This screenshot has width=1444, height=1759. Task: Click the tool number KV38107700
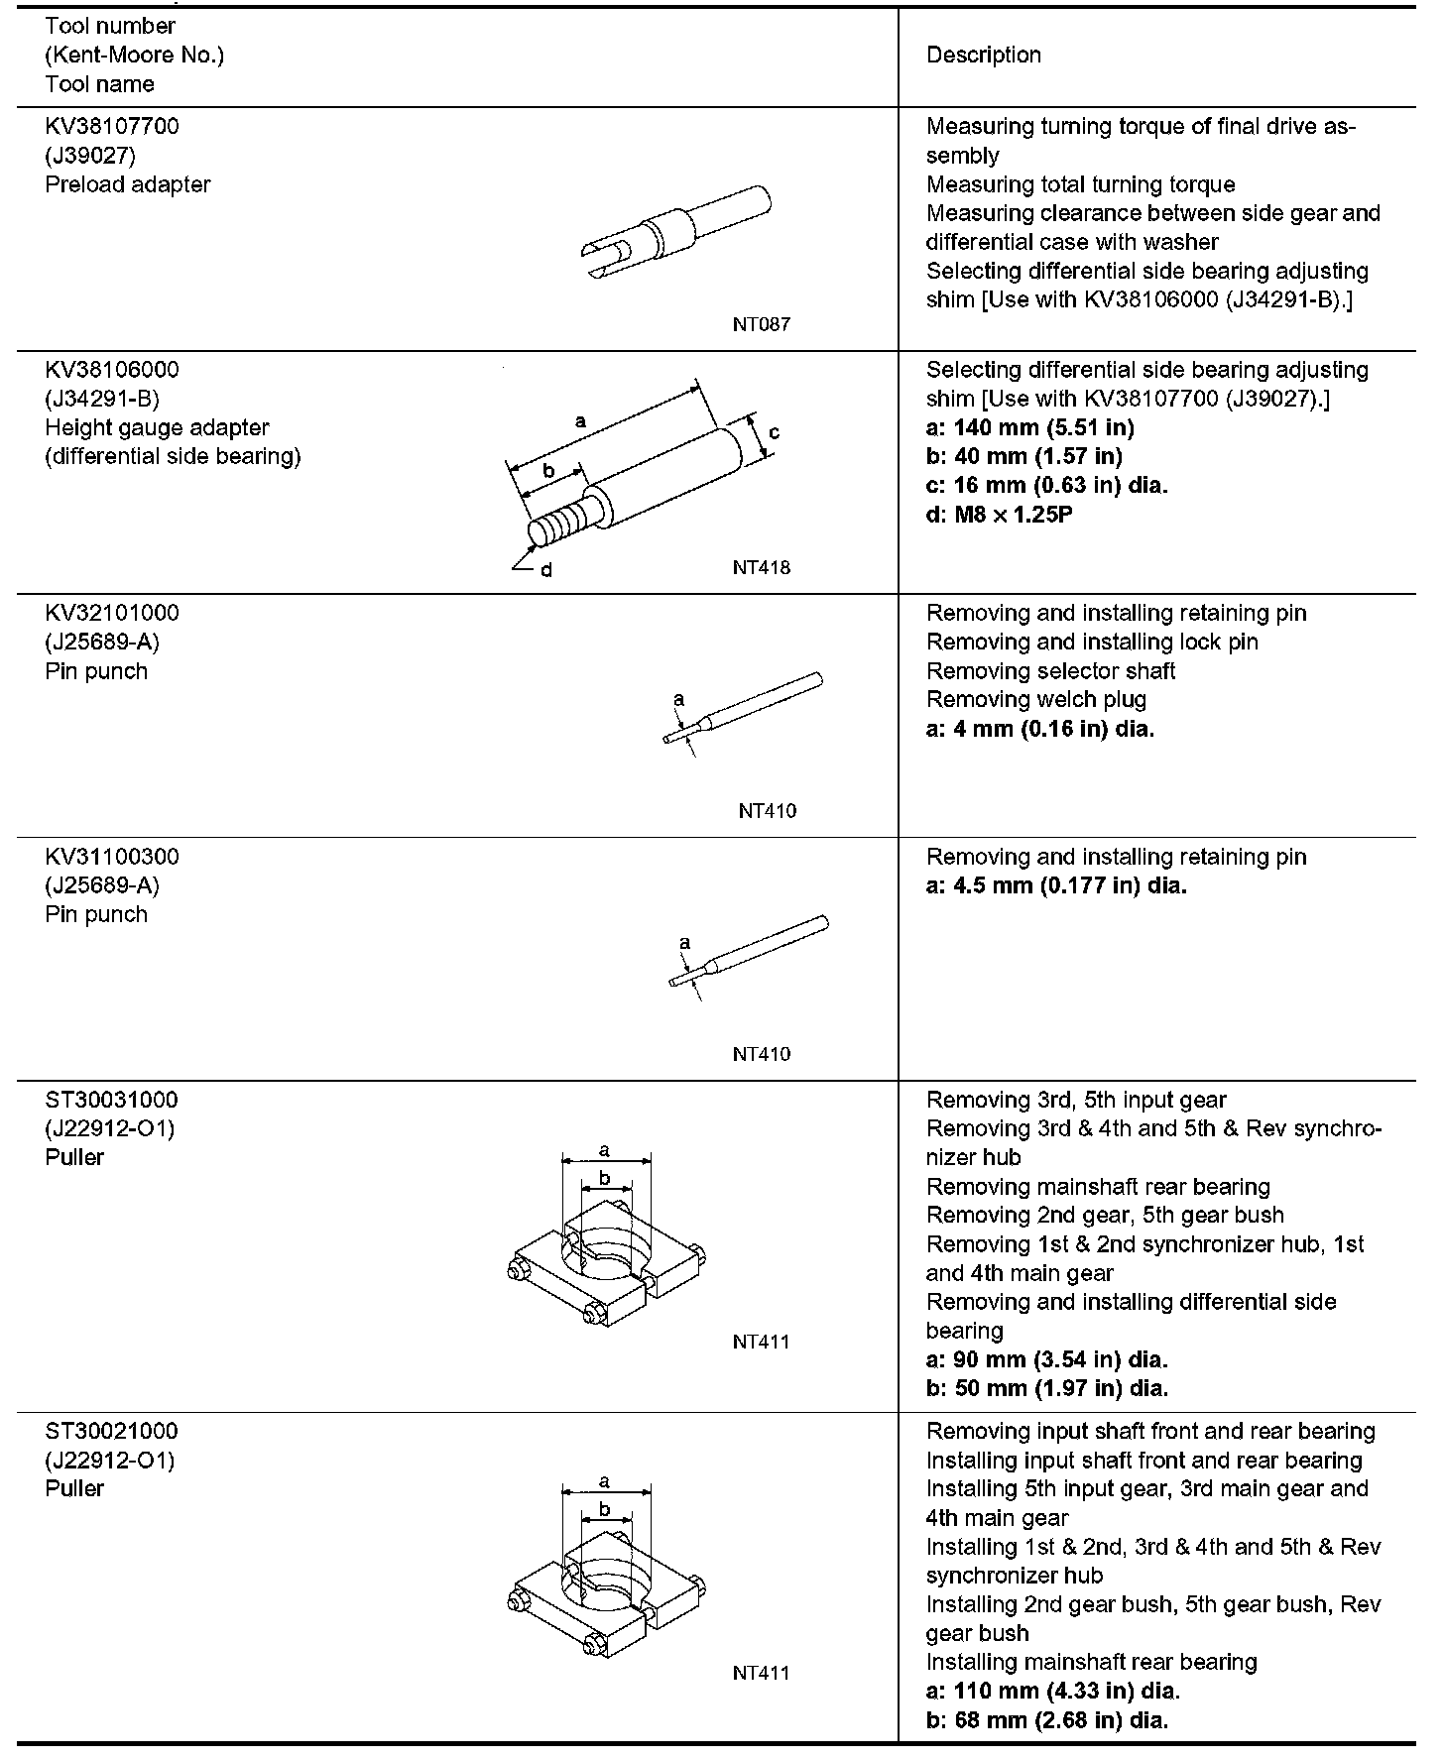112,127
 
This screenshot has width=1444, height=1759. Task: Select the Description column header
983,56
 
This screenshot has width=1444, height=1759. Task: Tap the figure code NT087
762,324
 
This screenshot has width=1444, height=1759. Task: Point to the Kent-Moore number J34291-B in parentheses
102,399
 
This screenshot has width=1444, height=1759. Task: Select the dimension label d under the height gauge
545,570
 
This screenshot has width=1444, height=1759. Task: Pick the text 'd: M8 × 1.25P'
999,515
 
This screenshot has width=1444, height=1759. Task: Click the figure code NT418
762,568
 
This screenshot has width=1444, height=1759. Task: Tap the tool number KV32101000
112,613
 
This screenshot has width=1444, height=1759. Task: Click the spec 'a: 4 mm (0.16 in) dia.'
1040,729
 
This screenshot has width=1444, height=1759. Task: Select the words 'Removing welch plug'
1035,700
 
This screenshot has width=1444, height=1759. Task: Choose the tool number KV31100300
112,857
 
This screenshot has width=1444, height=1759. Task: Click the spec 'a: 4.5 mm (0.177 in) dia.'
1056,885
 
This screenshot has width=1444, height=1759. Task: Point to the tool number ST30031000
111,1100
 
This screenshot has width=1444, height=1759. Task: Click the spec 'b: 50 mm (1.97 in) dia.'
1046,1388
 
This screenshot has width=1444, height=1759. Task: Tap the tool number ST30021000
111,1431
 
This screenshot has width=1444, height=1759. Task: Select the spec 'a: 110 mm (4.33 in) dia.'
1052,1691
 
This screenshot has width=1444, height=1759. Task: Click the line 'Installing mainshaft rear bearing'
1091,1662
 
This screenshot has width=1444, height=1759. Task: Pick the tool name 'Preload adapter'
128,184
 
